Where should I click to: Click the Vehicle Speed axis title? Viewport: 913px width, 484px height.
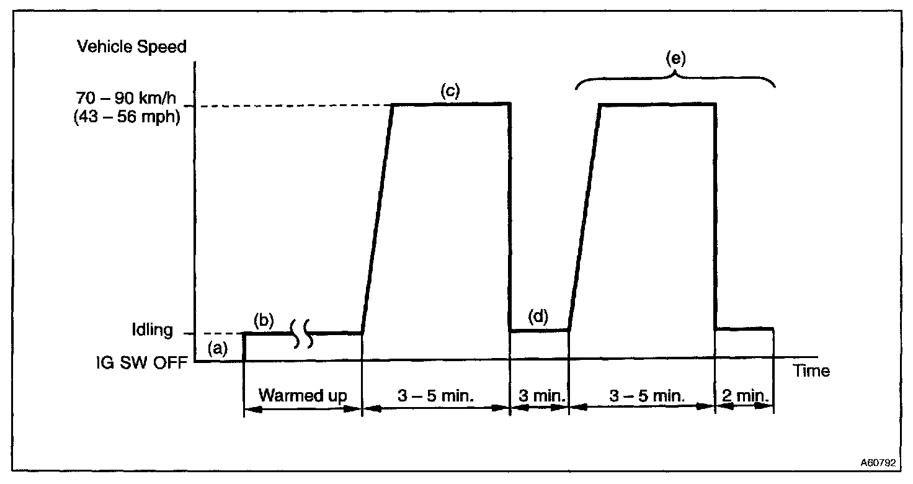[x=131, y=47]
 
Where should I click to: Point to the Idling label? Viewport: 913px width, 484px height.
[x=152, y=329]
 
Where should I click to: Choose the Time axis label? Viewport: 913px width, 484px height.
[x=811, y=371]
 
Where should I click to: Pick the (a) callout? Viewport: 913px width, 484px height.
[x=218, y=349]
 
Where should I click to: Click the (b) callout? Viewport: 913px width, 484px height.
[x=264, y=321]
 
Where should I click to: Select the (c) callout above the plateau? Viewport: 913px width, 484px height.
[x=450, y=91]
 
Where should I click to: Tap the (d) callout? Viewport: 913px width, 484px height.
[x=537, y=316]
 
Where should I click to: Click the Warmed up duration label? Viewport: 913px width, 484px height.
[x=302, y=395]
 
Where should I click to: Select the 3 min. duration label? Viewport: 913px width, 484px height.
[x=538, y=396]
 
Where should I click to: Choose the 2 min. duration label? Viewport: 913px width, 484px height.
[x=744, y=396]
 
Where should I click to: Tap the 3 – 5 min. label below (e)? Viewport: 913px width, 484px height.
[x=641, y=396]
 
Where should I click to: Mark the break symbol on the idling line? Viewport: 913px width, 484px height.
[x=303, y=333]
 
